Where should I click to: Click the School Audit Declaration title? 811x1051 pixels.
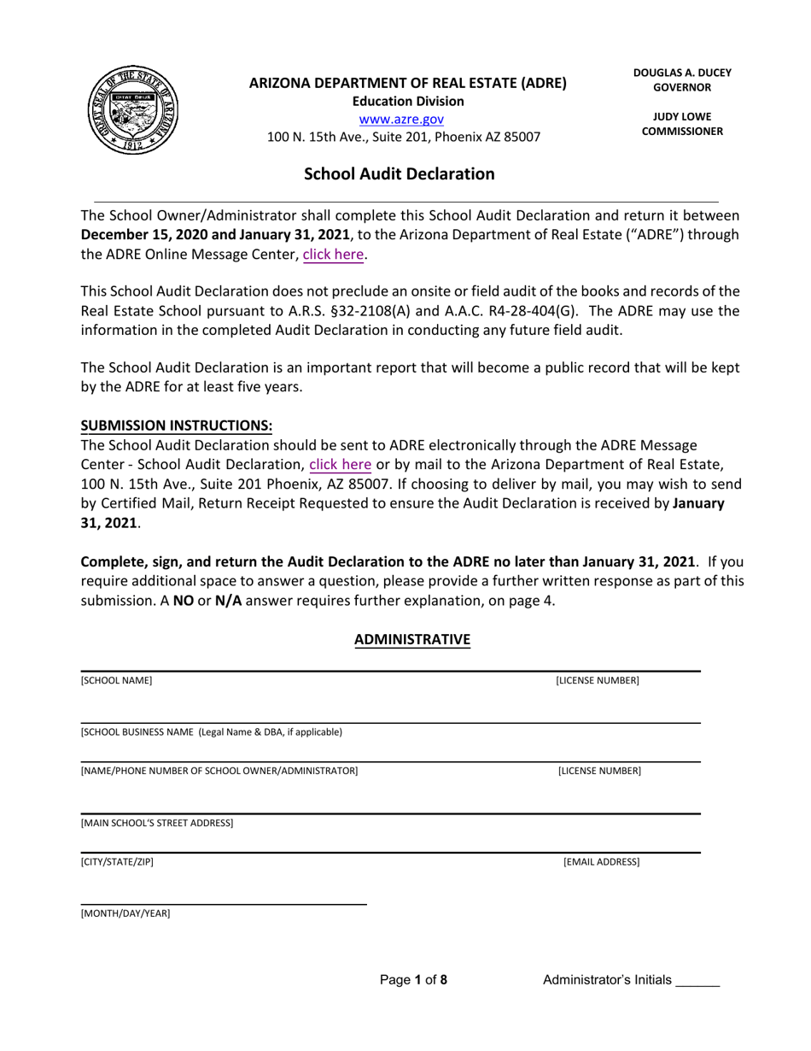point(400,174)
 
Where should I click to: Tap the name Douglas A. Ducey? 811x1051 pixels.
point(682,73)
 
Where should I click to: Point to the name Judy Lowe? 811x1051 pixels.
point(682,116)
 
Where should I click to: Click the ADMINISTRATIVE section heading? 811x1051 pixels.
point(412,639)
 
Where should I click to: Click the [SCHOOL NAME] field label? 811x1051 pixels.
point(116,681)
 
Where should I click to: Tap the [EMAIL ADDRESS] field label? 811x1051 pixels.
point(601,862)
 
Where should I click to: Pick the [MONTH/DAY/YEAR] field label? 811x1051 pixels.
point(125,913)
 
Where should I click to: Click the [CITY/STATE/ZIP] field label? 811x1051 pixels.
point(117,862)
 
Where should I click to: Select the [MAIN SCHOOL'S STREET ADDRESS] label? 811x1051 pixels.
point(156,823)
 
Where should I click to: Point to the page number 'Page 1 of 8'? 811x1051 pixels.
point(413,980)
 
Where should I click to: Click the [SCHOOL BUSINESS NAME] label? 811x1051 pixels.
point(211,732)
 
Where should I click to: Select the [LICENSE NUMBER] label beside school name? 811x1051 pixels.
point(597,681)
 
